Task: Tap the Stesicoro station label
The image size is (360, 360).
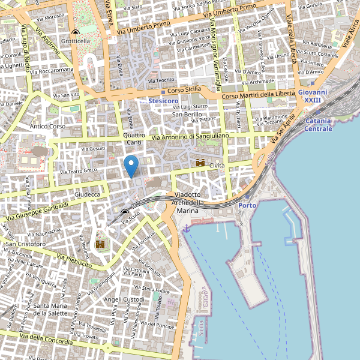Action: pyautogui.click(x=164, y=101)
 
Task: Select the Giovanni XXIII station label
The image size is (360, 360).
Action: pyautogui.click(x=313, y=96)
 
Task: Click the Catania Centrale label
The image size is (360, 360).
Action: pyautogui.click(x=318, y=125)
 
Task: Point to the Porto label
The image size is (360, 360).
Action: pyautogui.click(x=247, y=206)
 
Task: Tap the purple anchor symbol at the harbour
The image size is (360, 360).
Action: pyautogui.click(x=187, y=228)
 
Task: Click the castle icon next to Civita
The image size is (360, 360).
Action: pyautogui.click(x=200, y=163)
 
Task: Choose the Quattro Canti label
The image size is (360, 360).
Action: pyautogui.click(x=134, y=139)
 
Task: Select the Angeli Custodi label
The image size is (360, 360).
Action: pyautogui.click(x=124, y=299)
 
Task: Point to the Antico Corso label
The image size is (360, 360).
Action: pyautogui.click(x=47, y=127)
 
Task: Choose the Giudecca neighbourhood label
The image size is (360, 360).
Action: pyautogui.click(x=88, y=195)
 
